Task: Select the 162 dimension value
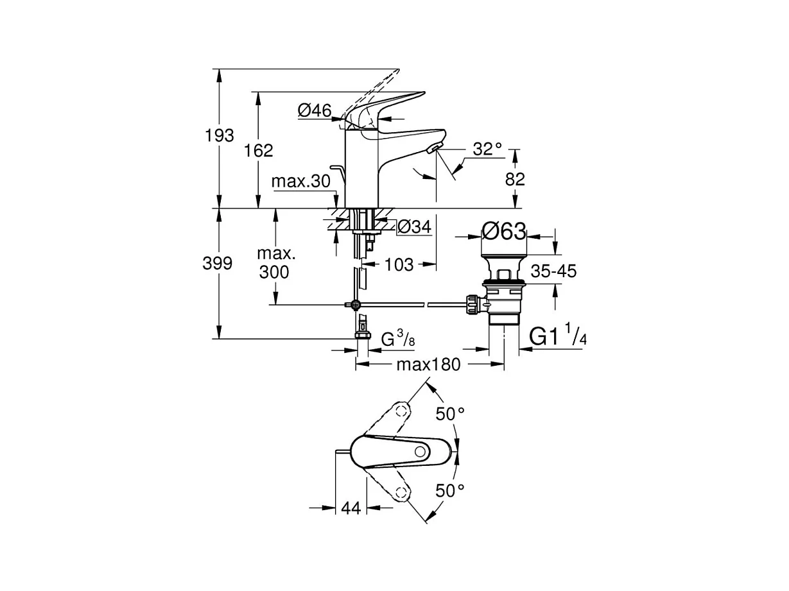click(x=259, y=151)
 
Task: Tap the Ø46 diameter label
click(x=314, y=111)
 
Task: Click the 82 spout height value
click(x=515, y=179)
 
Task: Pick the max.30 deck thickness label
click(x=300, y=182)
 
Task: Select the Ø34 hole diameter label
click(x=413, y=227)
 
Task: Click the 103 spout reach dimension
click(x=401, y=264)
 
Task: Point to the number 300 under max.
click(x=275, y=272)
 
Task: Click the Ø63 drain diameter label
click(x=504, y=231)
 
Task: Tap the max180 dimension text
click(x=428, y=365)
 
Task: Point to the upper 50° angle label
click(x=449, y=414)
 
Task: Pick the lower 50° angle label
click(x=449, y=491)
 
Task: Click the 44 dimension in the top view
click(x=350, y=508)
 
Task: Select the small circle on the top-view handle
click(x=421, y=453)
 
